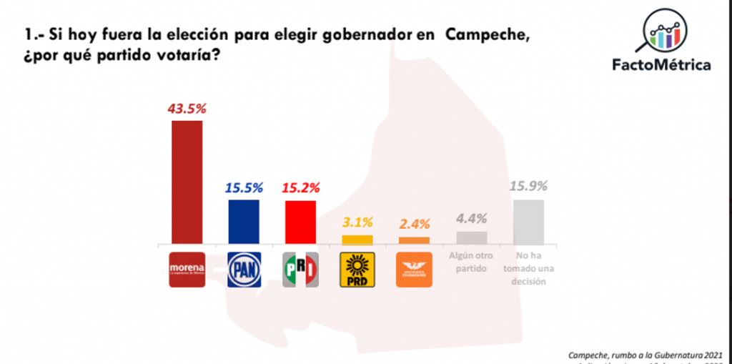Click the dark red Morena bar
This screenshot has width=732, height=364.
pyautogui.click(x=186, y=182)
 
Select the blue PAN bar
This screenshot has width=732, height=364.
pyautogui.click(x=243, y=222)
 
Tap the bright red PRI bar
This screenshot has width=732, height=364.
pyautogui.click(x=300, y=223)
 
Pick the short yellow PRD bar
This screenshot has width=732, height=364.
pyautogui.click(x=357, y=240)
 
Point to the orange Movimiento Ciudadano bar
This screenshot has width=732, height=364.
pyautogui.click(x=414, y=241)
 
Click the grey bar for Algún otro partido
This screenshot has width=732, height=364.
pyautogui.click(x=471, y=238)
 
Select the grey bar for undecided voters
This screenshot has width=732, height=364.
pyautogui.click(x=528, y=222)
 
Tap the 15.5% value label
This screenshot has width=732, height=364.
pyautogui.click(x=243, y=187)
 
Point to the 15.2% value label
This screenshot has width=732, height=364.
pyautogui.click(x=300, y=188)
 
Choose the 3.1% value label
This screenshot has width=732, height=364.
pyautogui.click(x=357, y=222)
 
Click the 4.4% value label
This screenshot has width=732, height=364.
pyautogui.click(x=472, y=219)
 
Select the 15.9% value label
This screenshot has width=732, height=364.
pyautogui.click(x=529, y=187)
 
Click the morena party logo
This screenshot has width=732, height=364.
pyautogui.click(x=187, y=270)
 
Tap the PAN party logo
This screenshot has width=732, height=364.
pyautogui.click(x=244, y=270)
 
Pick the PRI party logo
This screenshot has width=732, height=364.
pyautogui.click(x=300, y=270)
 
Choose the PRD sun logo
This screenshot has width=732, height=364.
pyautogui.click(x=357, y=269)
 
